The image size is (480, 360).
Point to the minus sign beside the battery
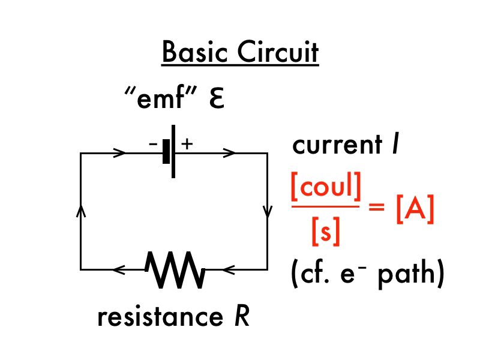[x=154, y=144]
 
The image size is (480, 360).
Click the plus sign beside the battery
[x=187, y=143]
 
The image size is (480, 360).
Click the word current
[x=336, y=146]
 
